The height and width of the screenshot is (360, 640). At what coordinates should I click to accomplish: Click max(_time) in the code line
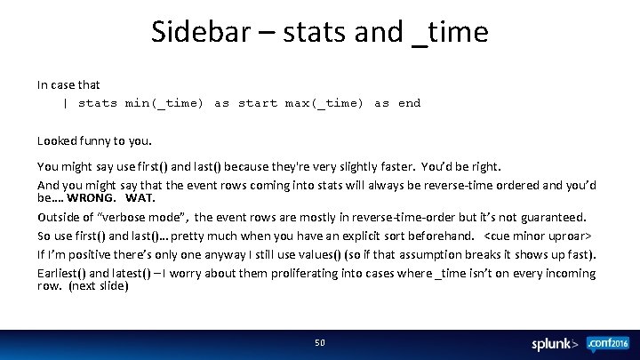click(x=324, y=103)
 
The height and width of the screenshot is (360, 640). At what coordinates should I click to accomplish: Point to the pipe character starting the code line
click(x=65, y=103)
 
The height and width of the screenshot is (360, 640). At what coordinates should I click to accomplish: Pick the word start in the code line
click(x=258, y=103)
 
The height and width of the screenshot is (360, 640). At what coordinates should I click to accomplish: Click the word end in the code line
click(x=410, y=103)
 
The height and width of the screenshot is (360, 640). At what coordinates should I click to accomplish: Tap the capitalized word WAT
click(x=140, y=197)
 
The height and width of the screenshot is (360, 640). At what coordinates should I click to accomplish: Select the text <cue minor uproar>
click(x=539, y=236)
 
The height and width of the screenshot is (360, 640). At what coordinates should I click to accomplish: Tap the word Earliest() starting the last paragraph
click(x=60, y=273)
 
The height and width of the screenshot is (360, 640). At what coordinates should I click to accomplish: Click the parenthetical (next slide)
click(x=99, y=286)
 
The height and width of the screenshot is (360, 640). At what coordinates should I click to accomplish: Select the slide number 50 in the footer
click(x=320, y=342)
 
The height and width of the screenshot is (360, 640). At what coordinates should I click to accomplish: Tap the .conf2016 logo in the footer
click(x=606, y=343)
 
